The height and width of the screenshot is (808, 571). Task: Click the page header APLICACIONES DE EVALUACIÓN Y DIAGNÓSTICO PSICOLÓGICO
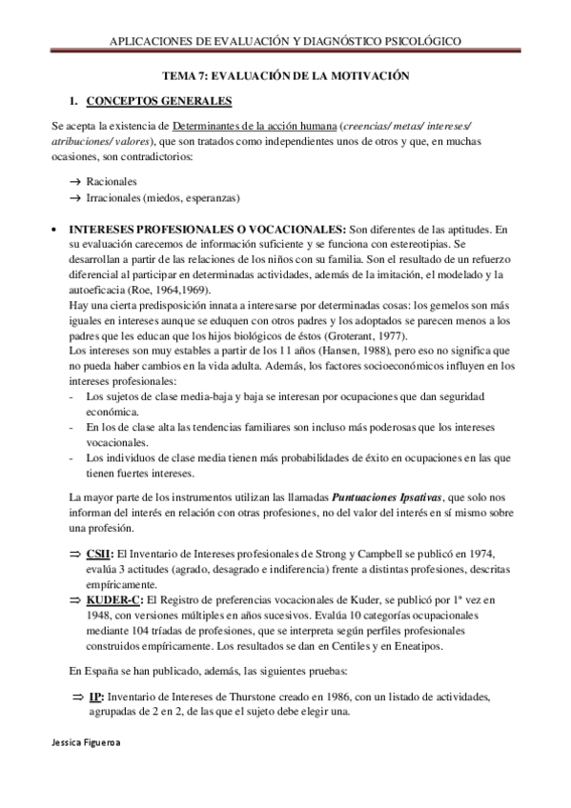(285, 43)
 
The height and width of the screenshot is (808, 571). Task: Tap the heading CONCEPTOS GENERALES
(159, 100)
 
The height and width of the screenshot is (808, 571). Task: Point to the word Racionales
(112, 180)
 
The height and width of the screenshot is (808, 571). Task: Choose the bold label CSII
(99, 554)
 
